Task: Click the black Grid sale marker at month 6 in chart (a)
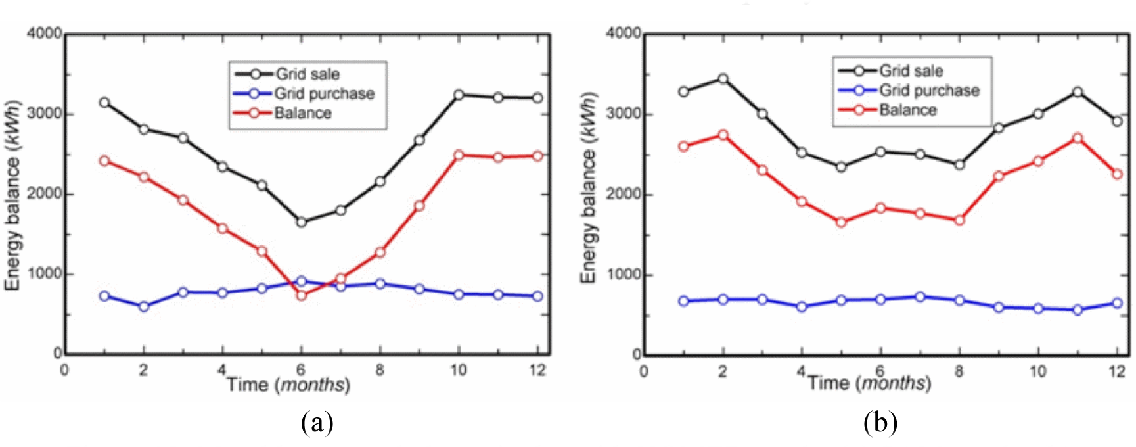point(301,222)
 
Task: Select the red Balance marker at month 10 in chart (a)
point(459,155)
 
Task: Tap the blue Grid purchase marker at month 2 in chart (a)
point(143,306)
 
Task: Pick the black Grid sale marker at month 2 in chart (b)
point(723,79)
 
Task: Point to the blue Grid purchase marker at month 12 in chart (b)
point(1117,303)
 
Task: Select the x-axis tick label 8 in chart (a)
point(380,370)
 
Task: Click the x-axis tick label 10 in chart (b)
point(1038,371)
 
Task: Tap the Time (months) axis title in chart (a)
point(288,385)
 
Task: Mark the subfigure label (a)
point(317,423)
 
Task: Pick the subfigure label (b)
point(880,423)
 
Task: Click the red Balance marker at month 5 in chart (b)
point(841,222)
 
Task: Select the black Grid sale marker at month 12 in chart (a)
point(537,98)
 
